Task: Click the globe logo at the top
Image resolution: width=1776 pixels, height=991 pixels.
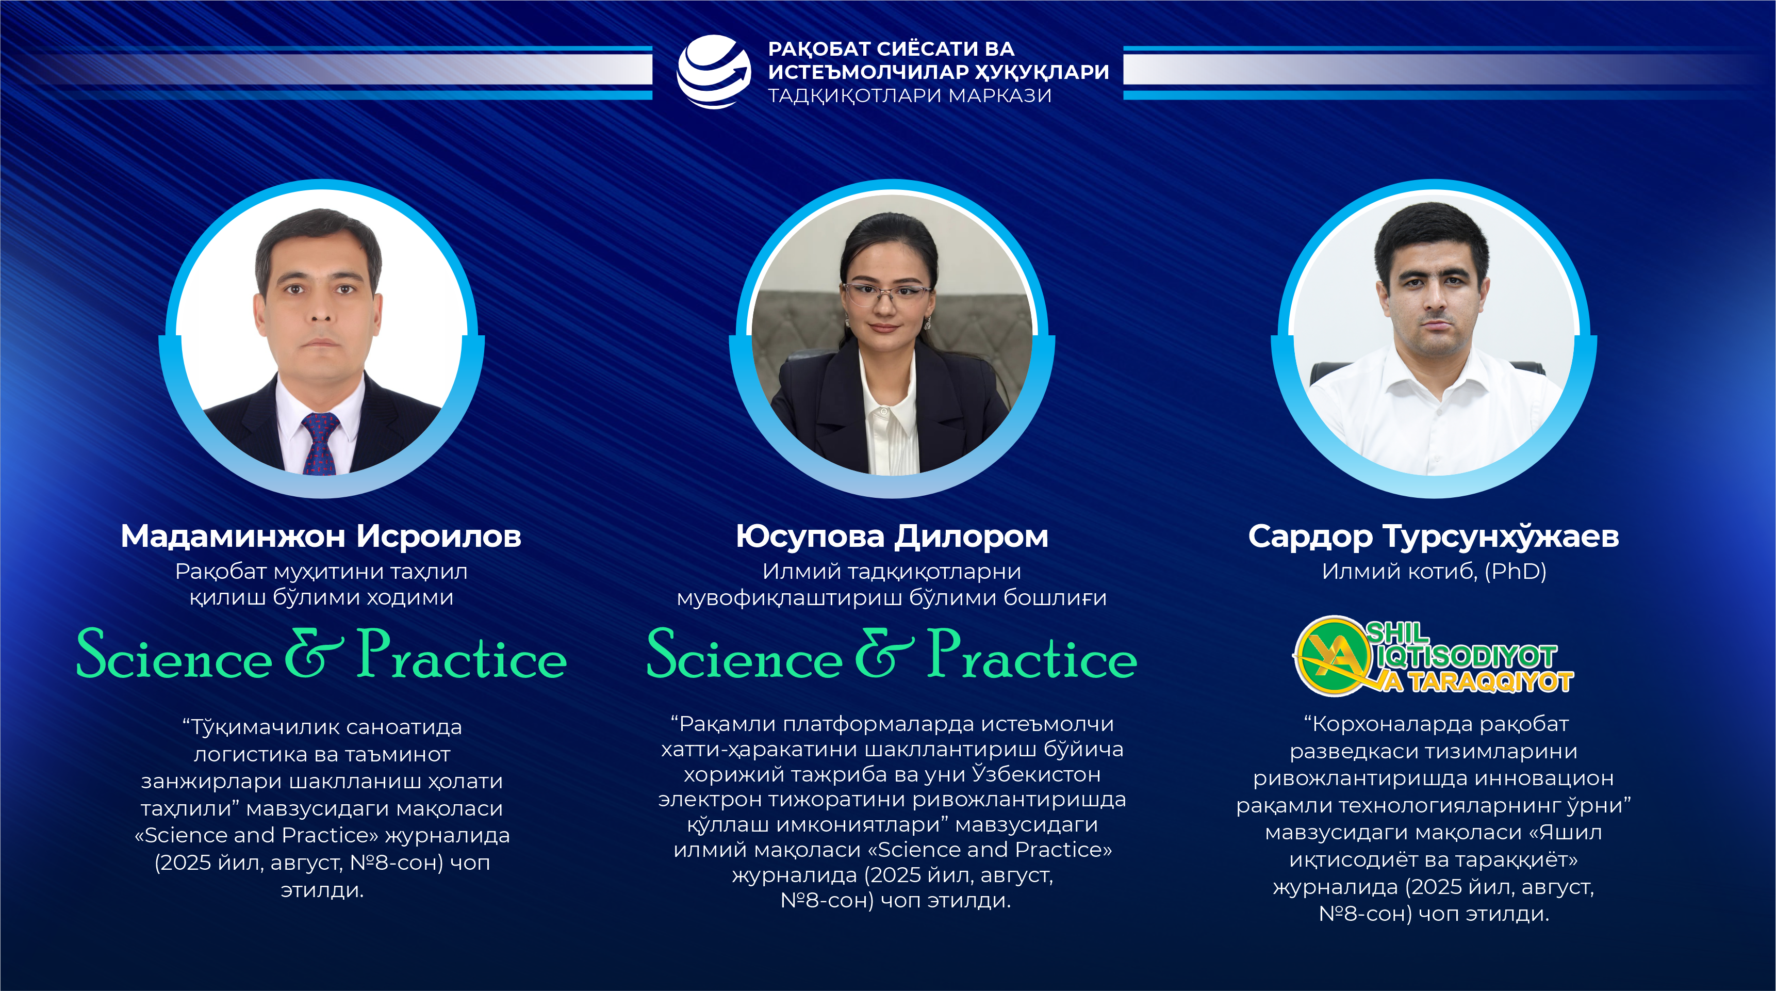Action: tap(714, 72)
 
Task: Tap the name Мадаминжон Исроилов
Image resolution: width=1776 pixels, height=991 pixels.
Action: tap(321, 536)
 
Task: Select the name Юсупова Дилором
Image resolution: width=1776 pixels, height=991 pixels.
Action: tap(892, 536)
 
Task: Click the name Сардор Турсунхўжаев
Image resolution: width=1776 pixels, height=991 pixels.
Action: tap(1434, 536)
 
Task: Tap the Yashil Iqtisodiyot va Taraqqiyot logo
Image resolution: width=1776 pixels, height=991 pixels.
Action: tap(1433, 656)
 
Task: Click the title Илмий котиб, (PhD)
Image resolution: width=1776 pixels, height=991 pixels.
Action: tap(1434, 571)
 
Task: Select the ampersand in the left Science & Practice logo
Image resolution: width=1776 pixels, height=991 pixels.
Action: tap(314, 653)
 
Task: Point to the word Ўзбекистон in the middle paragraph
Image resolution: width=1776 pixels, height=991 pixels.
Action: tap(1035, 774)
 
